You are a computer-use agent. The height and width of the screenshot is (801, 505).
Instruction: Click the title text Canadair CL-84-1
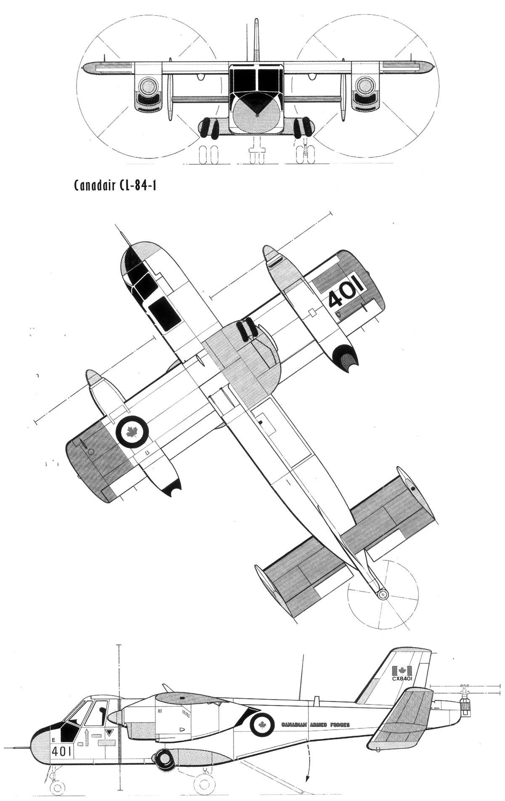(115, 186)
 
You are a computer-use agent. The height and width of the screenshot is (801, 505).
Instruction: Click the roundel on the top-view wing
(132, 431)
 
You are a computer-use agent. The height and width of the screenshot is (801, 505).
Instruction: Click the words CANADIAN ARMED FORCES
(312, 724)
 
